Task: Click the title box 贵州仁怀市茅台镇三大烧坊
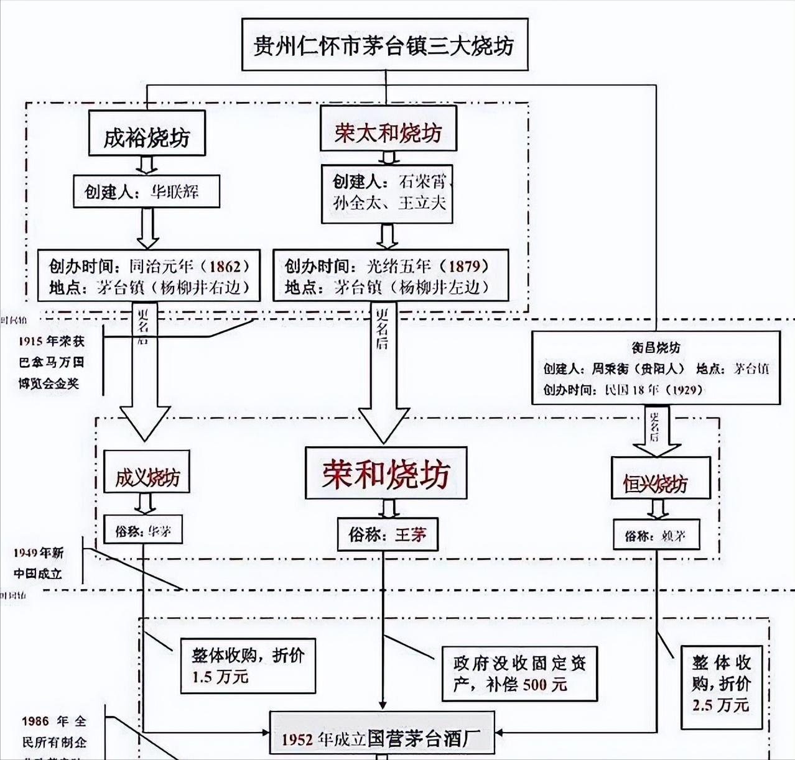point(385,45)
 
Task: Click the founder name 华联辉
point(175,191)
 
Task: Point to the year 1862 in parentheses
point(225,266)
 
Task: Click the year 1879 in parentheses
point(464,266)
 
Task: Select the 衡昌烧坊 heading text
point(655,348)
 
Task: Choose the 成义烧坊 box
point(147,477)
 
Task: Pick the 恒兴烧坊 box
point(660,483)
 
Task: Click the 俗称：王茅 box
point(388,534)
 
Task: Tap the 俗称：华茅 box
point(144,531)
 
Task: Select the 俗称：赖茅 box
point(656,534)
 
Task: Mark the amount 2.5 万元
point(720,705)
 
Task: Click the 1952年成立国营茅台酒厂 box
point(382,739)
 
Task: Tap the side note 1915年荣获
point(51,341)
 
